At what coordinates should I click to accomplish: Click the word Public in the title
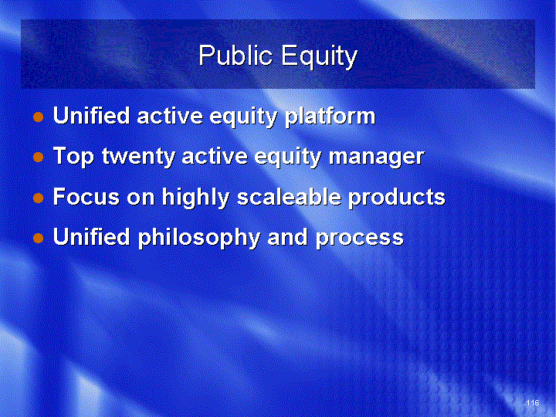tap(236, 56)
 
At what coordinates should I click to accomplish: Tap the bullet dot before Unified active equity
tap(39, 117)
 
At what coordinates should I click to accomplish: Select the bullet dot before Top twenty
tap(39, 157)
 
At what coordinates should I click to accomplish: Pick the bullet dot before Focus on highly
tap(39, 198)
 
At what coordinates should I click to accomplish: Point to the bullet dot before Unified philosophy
tap(39, 238)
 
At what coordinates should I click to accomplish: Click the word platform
tap(331, 117)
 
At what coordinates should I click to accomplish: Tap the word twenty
tap(138, 157)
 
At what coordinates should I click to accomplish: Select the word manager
tap(376, 157)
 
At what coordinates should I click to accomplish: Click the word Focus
tap(86, 196)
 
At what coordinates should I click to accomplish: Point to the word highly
tap(195, 197)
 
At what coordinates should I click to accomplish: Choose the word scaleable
tap(289, 196)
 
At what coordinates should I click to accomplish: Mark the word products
tap(396, 197)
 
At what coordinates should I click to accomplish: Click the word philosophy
tap(199, 238)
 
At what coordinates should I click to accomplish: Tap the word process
tap(360, 239)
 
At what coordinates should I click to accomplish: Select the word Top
tap(73, 157)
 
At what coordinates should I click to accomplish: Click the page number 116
tap(533, 402)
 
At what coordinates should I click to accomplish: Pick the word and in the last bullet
tap(287, 236)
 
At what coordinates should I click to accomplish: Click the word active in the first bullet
tap(170, 116)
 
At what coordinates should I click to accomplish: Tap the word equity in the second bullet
tap(287, 157)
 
